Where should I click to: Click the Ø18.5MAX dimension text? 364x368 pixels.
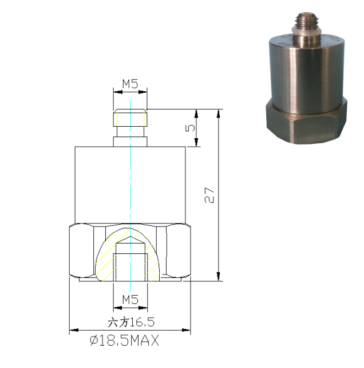[124, 341]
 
